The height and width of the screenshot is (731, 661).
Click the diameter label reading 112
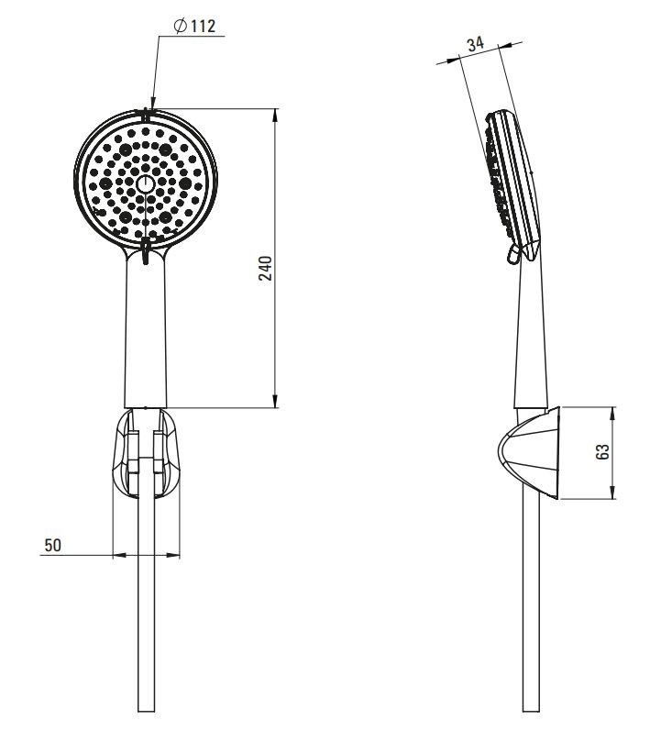(202, 26)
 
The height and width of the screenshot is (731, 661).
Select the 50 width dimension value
(52, 545)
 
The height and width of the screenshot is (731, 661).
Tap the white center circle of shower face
(145, 184)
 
